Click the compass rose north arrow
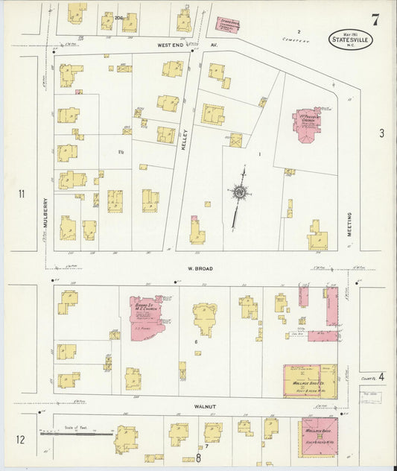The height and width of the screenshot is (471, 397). [239, 193]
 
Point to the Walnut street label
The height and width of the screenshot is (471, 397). [206, 406]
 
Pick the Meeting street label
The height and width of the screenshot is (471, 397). [349, 224]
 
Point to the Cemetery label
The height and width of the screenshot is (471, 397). [273, 40]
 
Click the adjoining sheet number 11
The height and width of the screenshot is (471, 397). [22, 195]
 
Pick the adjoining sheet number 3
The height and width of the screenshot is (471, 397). [381, 134]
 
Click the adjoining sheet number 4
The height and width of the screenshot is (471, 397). [381, 377]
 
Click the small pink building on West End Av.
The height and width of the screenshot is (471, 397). [229, 24]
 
